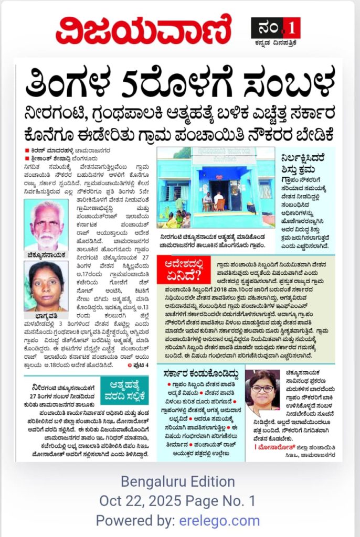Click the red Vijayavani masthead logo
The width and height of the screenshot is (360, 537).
(x=143, y=30)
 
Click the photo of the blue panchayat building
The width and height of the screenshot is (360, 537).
(x=216, y=187)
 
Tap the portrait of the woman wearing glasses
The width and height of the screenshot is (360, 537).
(x=263, y=390)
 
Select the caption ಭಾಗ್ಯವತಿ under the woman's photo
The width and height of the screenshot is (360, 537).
(x=46, y=316)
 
